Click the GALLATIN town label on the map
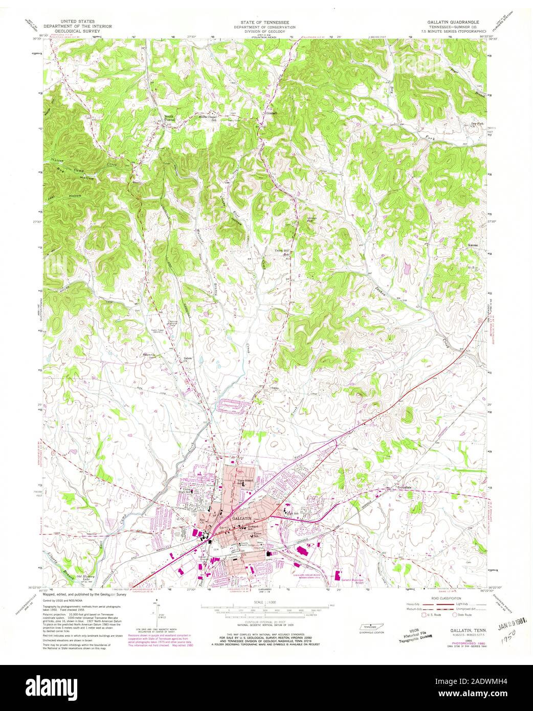241,518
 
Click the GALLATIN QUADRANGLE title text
453,23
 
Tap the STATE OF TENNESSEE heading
266,23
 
